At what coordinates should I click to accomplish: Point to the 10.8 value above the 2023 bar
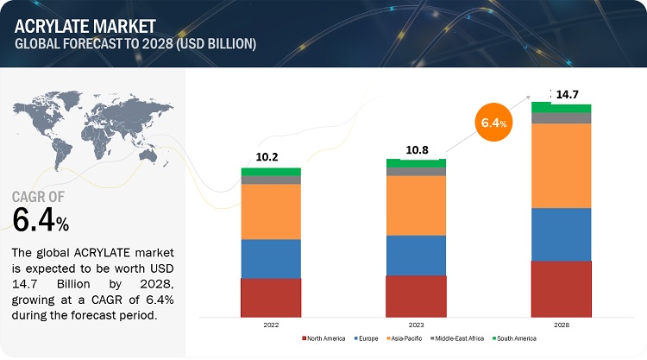pos(416,149)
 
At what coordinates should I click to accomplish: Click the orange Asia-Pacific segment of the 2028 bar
pos(561,166)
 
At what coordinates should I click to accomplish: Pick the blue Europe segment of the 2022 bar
pos(271,258)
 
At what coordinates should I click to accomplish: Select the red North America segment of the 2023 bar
pos(416,295)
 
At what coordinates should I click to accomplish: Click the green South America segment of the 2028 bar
pos(561,107)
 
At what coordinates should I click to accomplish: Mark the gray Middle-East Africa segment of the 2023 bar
pos(416,172)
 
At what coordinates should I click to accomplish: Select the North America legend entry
pos(326,338)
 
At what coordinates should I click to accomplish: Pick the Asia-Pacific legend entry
pos(408,338)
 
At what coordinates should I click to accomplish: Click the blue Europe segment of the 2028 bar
pos(561,234)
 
